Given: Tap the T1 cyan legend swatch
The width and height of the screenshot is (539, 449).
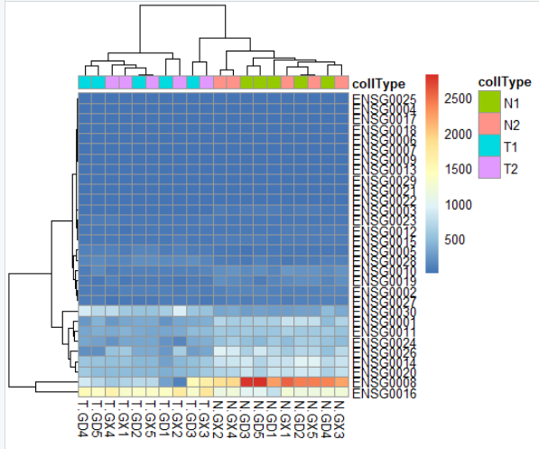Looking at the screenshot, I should click(x=488, y=145).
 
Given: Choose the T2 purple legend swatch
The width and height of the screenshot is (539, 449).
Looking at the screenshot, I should click(x=488, y=168).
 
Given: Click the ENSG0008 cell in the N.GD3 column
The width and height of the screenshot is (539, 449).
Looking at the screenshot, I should click(x=246, y=382).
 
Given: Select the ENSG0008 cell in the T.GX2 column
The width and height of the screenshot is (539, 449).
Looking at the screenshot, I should click(x=179, y=382).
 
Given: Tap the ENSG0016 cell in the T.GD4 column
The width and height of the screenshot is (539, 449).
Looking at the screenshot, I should click(x=85, y=392).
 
